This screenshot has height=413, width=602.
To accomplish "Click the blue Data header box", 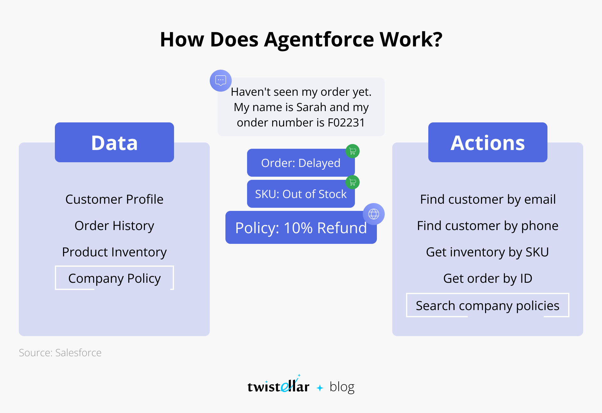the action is point(114,142).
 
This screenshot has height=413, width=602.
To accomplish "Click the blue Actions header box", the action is point(488,142).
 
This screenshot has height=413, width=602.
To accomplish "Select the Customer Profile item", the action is point(114,199).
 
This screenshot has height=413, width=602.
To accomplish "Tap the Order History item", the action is point(114,226).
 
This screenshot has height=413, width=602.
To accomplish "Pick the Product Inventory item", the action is point(114,252).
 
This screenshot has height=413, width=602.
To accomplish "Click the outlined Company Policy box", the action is point(114,278).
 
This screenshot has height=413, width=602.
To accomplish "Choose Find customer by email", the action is point(488,199).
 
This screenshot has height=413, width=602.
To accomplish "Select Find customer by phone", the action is point(488,226).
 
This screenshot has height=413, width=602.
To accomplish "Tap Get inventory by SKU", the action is point(488,252).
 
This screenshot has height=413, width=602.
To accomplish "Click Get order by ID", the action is point(488,278).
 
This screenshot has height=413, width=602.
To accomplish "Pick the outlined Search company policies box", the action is point(488,305).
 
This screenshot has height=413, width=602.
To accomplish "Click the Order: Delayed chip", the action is point(301,163).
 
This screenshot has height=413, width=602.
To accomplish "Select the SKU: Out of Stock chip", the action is point(301,194).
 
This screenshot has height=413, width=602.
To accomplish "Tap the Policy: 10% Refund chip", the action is point(301,228).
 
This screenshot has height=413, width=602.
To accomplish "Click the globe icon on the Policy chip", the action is point(374,214).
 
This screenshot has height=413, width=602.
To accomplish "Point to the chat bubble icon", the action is point(221,81).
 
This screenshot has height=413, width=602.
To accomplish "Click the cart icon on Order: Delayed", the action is point(352,151).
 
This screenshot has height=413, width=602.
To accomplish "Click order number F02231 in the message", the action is point(346,122).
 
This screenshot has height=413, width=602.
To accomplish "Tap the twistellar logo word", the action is point(278,385).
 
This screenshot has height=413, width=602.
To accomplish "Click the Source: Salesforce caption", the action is point(60,353).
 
